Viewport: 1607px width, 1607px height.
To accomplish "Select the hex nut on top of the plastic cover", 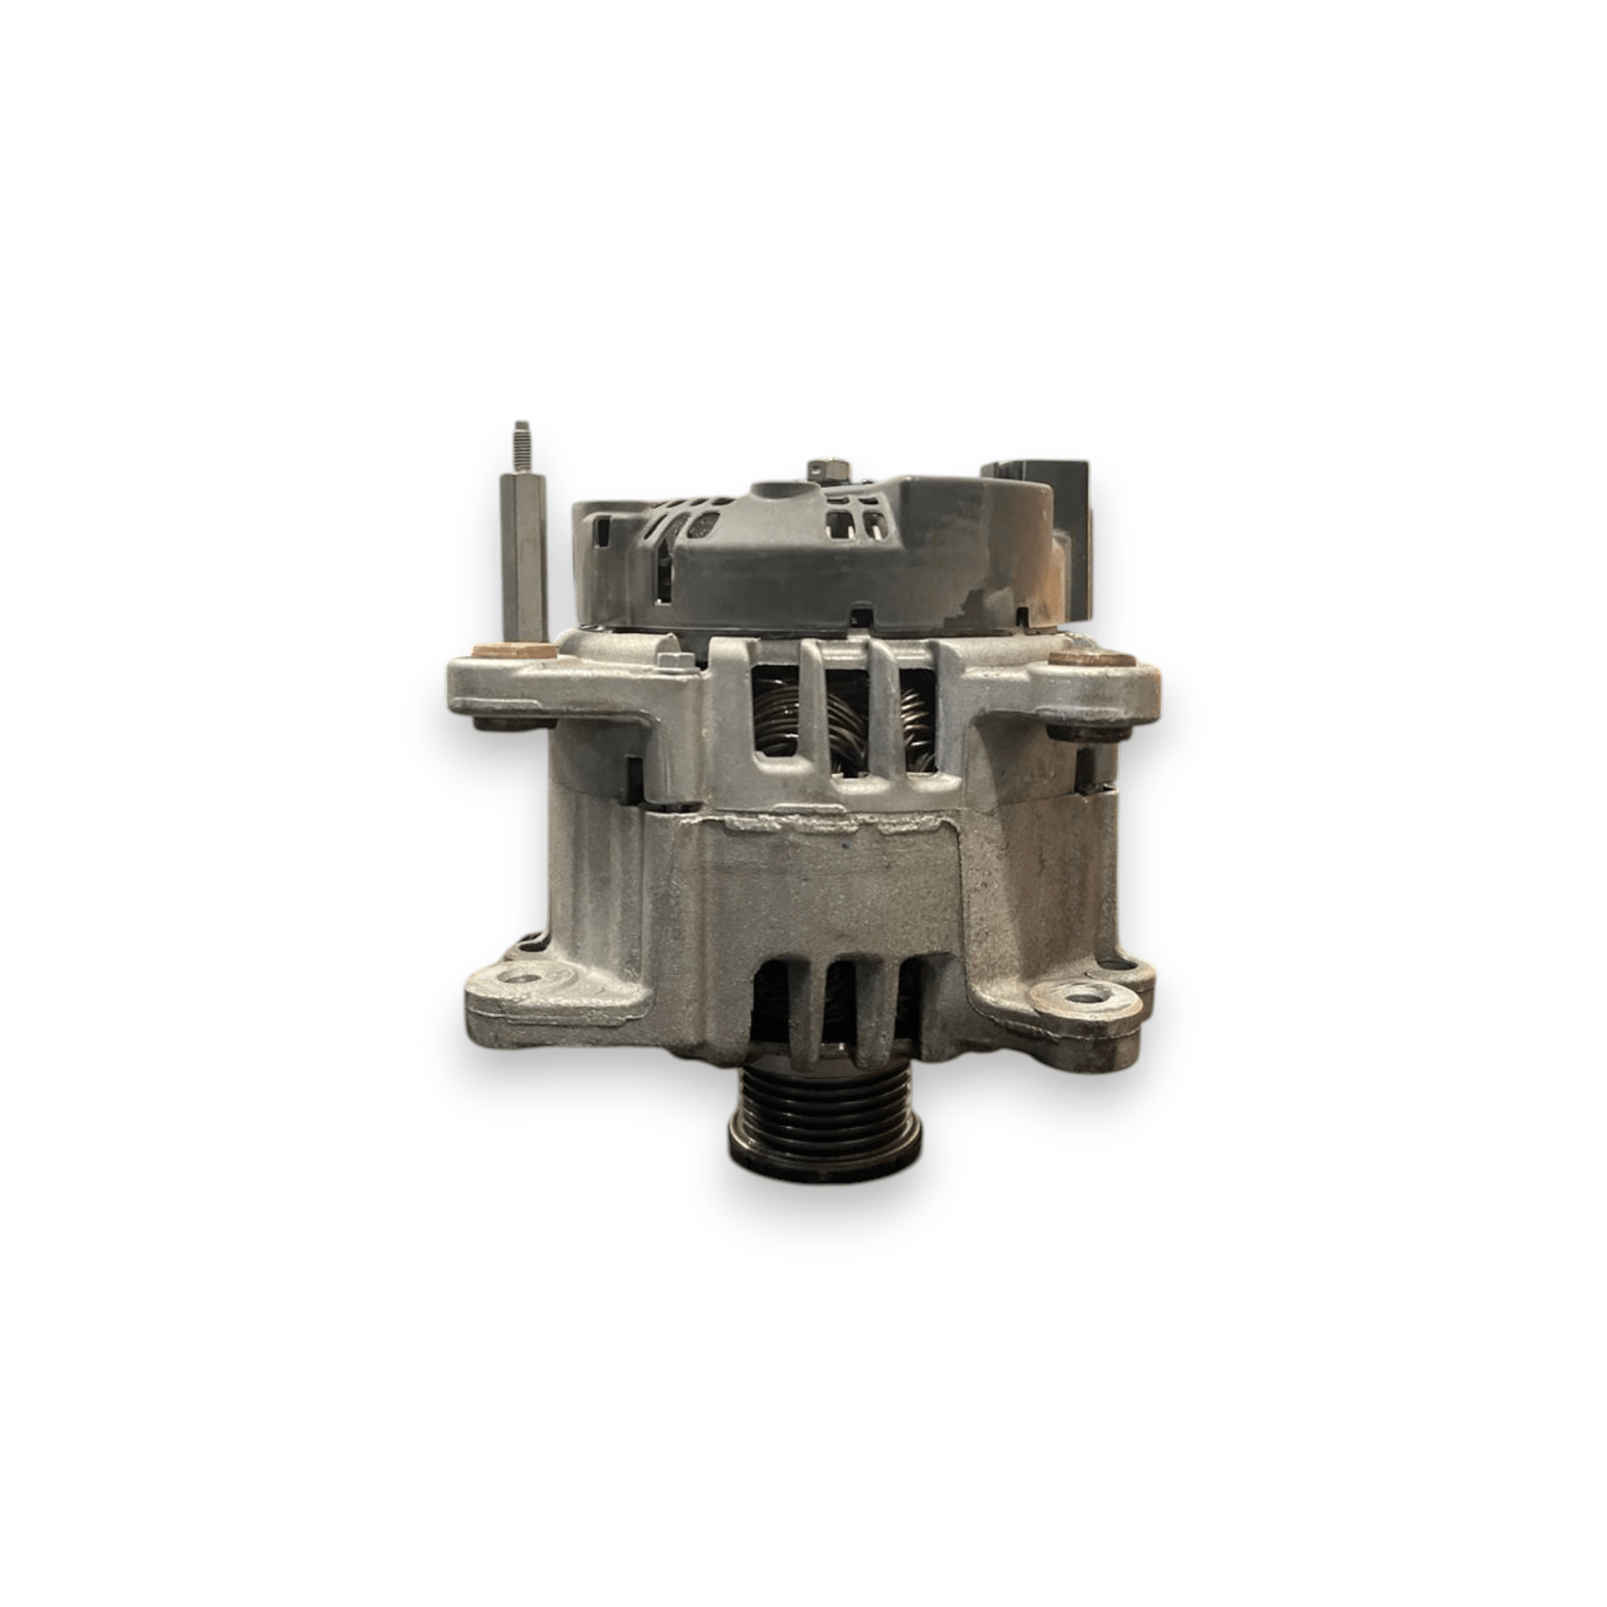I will (x=823, y=470).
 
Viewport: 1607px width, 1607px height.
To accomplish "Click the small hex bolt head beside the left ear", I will (x=675, y=660).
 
